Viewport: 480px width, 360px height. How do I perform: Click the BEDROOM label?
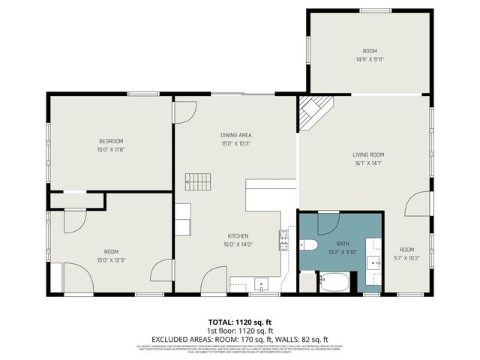point(111,141)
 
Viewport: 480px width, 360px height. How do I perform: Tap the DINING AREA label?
point(235,135)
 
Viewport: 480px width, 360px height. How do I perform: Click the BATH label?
point(342,244)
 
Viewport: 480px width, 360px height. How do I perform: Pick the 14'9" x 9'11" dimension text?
point(369,59)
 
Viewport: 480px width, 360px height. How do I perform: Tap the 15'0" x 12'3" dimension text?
point(111,260)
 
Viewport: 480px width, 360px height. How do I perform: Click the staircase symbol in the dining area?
point(198,181)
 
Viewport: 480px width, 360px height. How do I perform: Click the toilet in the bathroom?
point(309,245)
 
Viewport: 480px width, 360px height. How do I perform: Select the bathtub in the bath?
point(334,283)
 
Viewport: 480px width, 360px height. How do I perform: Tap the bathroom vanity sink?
point(373,262)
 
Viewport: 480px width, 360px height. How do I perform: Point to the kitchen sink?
point(260,283)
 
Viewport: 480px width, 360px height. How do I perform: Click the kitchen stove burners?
point(283,239)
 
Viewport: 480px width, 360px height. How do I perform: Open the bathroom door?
point(328,223)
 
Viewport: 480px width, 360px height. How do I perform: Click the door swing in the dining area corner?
point(184,112)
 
